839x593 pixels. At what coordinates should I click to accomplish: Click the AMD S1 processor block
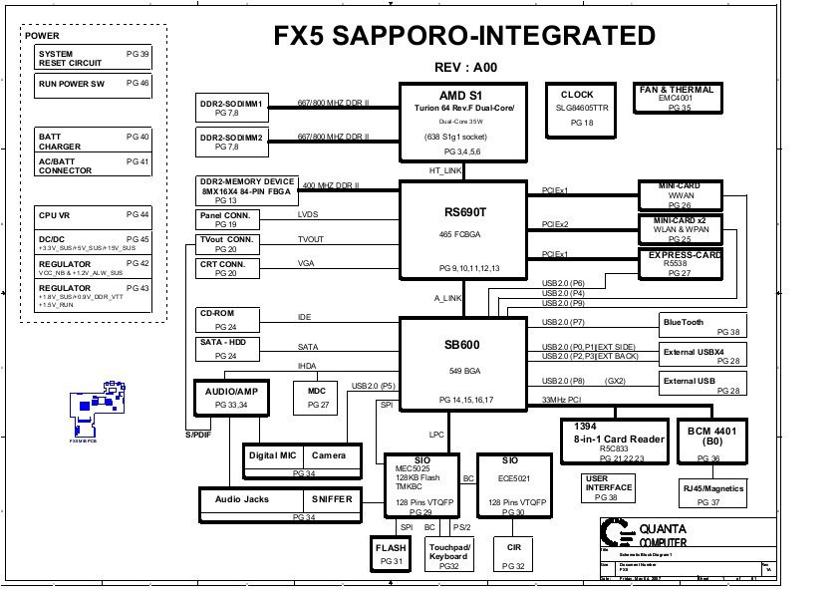[463, 122]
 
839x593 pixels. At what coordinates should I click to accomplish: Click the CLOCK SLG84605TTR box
[582, 109]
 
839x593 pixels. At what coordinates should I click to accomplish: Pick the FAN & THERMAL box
[677, 98]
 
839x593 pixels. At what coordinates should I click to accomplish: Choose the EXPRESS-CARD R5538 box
[679, 264]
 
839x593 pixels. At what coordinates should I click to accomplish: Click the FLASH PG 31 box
[391, 554]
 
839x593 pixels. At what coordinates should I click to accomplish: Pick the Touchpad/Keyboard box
[449, 555]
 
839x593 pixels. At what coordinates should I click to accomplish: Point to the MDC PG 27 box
[317, 398]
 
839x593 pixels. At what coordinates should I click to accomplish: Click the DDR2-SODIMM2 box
[231, 141]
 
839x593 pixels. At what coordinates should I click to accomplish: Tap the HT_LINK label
[445, 170]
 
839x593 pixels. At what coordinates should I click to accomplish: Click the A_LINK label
[447, 298]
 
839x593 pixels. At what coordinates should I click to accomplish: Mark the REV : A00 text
[465, 67]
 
